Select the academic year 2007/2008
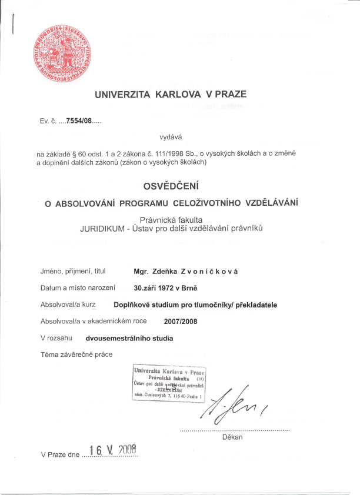(x=181, y=322)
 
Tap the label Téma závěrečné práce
(x=76, y=354)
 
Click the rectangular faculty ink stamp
(x=169, y=382)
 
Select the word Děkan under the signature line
(x=233, y=437)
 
